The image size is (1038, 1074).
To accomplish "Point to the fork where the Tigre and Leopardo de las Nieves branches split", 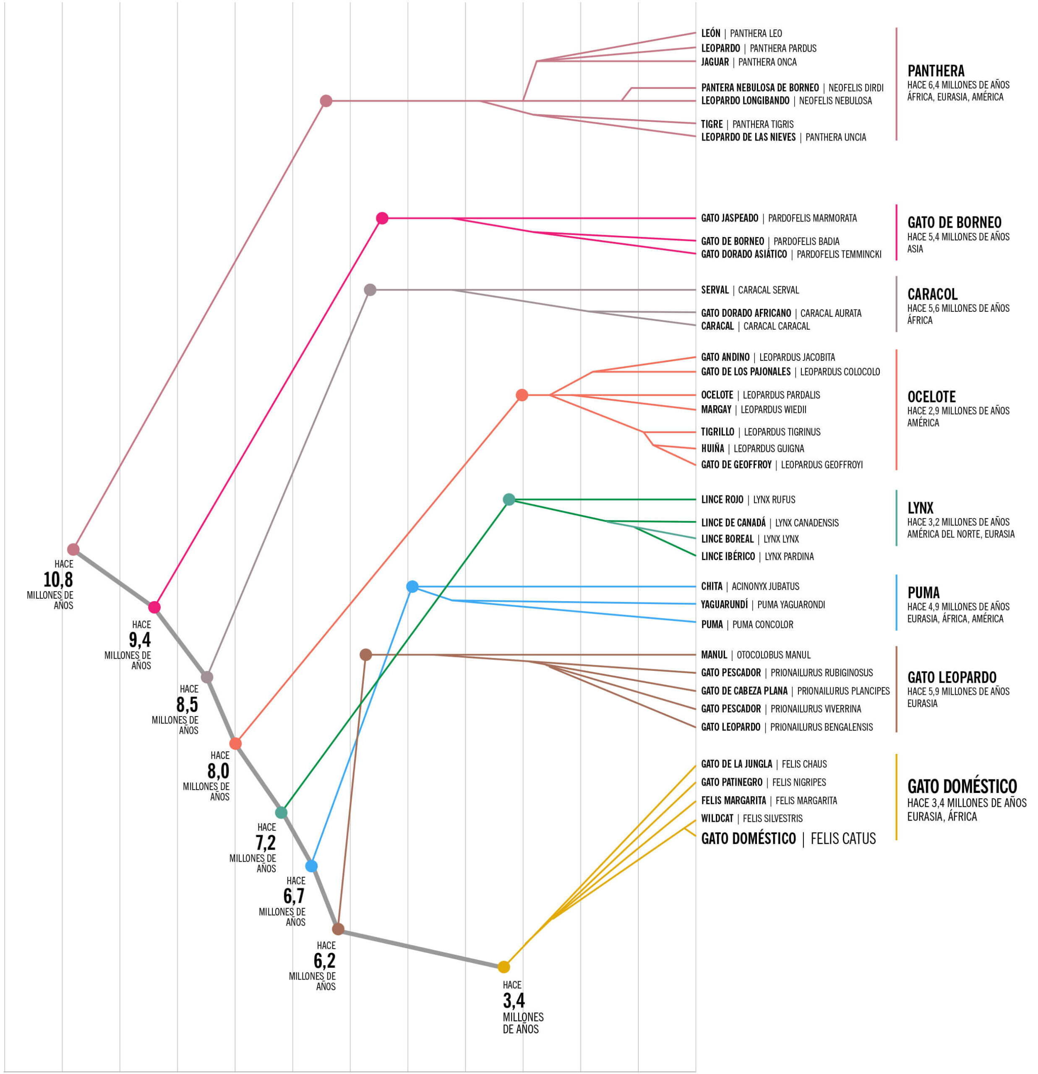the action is [533, 115].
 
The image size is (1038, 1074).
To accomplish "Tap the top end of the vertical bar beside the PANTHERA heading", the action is [897, 28].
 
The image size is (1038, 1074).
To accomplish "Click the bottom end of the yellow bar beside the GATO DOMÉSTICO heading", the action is [897, 839].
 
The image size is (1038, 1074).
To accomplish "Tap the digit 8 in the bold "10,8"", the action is [68, 580].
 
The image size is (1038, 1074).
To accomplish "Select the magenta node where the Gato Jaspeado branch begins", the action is [383, 218].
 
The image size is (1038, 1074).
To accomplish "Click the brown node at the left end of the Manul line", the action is [365, 655].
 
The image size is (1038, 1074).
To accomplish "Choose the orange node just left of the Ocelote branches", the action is [522, 395].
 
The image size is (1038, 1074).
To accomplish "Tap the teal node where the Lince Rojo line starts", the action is [509, 499].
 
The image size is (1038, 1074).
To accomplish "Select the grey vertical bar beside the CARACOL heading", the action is [897, 304].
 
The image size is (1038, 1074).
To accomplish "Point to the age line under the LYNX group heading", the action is [958, 522].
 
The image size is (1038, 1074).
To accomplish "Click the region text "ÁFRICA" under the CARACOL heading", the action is [920, 321].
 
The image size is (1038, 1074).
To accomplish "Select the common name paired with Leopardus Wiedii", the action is [716, 409].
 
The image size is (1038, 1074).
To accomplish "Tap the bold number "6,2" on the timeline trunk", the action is [324, 961].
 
